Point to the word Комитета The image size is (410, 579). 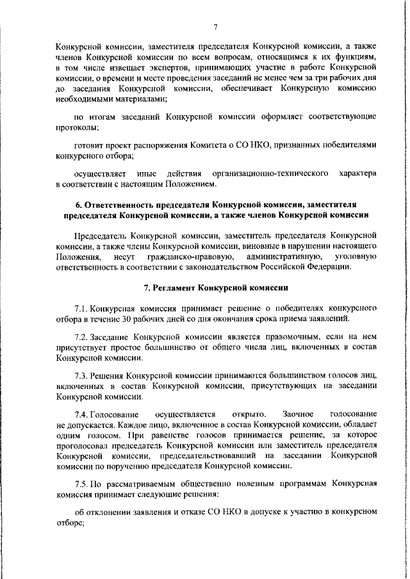coord(211,145)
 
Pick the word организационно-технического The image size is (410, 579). coord(271,173)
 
